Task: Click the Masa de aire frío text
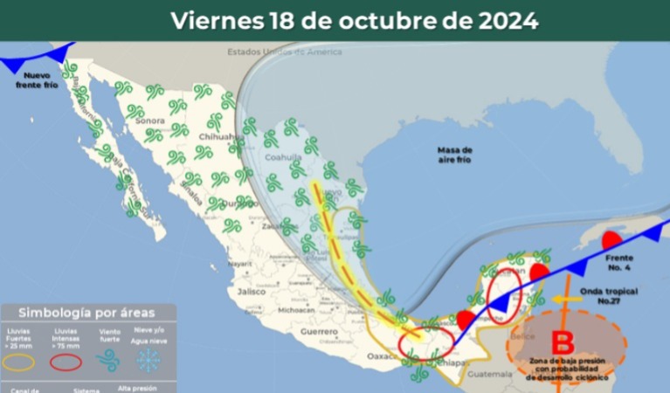(454, 155)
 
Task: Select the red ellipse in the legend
(66, 360)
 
